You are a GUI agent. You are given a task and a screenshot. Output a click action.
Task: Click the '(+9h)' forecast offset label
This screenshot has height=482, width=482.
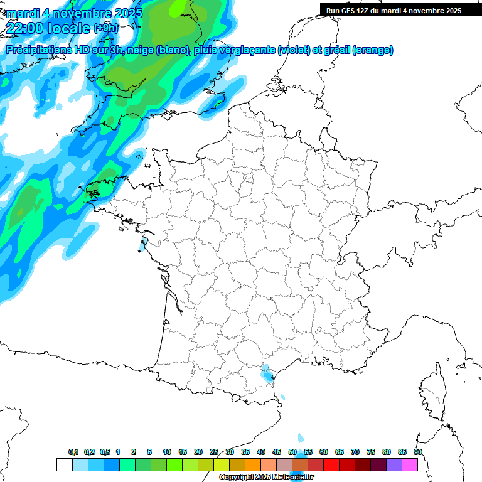pos(105,28)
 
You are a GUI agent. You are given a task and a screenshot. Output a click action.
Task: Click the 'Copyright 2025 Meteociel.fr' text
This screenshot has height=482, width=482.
pos(266,478)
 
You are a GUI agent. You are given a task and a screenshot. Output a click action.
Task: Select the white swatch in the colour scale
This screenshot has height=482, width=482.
pos(64,465)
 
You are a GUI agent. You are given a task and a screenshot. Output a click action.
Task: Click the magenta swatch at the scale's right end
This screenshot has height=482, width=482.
pos(410,465)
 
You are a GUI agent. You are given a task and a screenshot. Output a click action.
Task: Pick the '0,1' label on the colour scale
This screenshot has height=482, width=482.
pos(73,453)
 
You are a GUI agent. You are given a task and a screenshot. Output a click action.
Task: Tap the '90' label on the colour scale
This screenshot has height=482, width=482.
pos(418,453)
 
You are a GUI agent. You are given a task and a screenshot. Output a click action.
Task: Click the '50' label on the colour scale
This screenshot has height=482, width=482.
pos(292,453)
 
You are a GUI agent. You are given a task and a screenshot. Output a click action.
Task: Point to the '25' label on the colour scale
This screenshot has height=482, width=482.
pos(214,453)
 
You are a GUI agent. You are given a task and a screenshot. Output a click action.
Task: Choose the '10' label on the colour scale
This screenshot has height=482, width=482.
pos(167,453)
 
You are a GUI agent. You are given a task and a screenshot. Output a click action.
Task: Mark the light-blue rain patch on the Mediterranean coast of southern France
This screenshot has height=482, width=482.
pos(268,374)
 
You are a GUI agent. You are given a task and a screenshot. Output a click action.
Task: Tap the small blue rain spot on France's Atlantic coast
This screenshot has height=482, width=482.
pos(144,244)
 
